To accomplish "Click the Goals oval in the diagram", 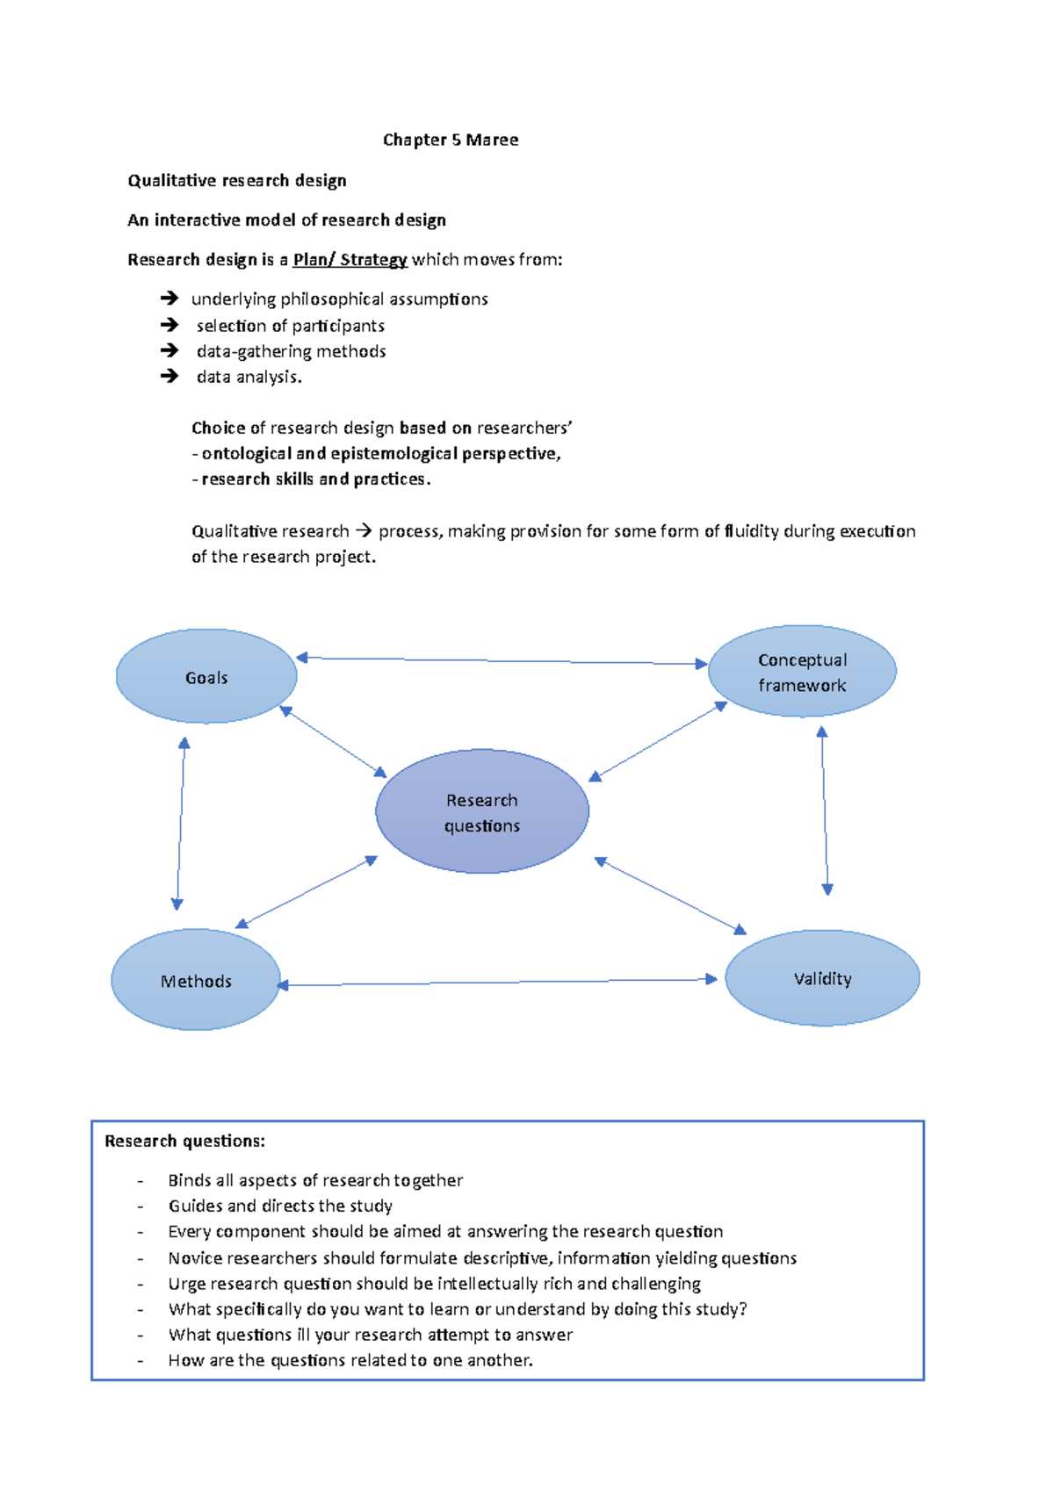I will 206,677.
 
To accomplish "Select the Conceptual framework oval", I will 802,672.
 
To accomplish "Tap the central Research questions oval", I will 482,812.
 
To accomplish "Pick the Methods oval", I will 196,981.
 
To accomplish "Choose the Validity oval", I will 822,978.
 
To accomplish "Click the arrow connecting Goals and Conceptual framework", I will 502,660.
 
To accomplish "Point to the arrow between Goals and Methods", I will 180,823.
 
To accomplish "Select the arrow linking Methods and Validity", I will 497,982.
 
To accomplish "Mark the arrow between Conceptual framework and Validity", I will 824,810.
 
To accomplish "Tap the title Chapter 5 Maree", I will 451,140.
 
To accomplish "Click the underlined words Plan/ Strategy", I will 350,260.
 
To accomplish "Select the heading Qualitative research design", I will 237,181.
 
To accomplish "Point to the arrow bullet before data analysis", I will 170,376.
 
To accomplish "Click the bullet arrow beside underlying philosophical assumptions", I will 170,299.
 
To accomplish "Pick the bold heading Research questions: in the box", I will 184,1141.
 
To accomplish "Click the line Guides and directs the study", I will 280,1206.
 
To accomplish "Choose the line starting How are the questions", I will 350,1360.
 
